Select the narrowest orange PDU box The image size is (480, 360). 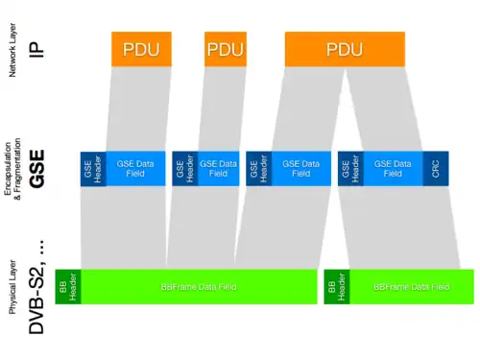pyautogui.click(x=225, y=49)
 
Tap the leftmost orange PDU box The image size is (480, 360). pyautogui.click(x=141, y=49)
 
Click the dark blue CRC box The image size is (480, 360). pyautogui.click(x=435, y=168)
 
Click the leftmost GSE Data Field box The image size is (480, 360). pyautogui.click(x=135, y=168)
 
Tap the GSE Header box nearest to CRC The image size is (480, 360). pyautogui.click(x=349, y=168)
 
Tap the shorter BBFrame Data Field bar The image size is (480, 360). pyautogui.click(x=411, y=286)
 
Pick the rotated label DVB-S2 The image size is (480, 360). pyautogui.click(x=36, y=293)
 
